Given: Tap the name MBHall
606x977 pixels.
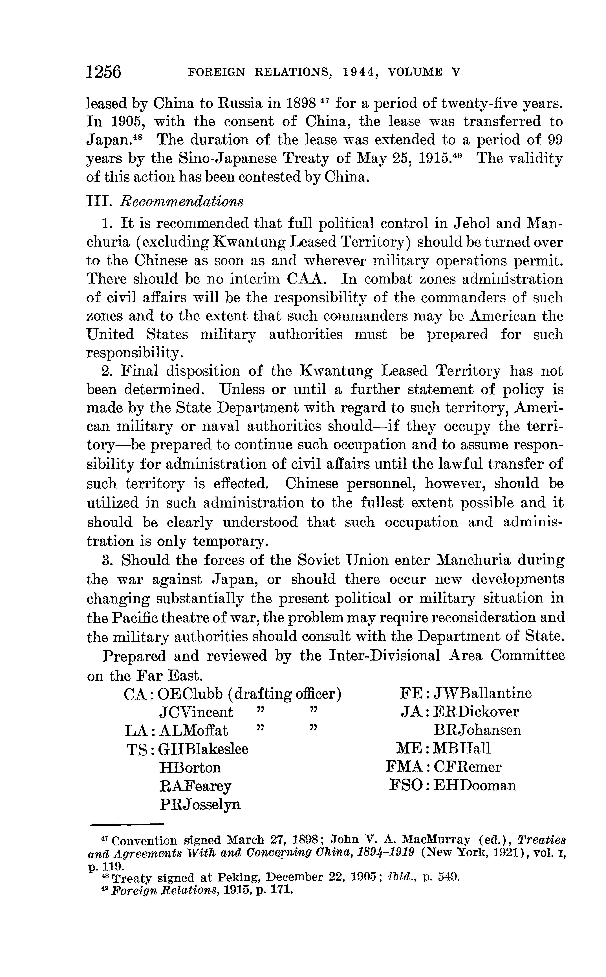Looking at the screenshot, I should click(x=462, y=749).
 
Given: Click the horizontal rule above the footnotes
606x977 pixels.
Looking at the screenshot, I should click(x=127, y=824).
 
